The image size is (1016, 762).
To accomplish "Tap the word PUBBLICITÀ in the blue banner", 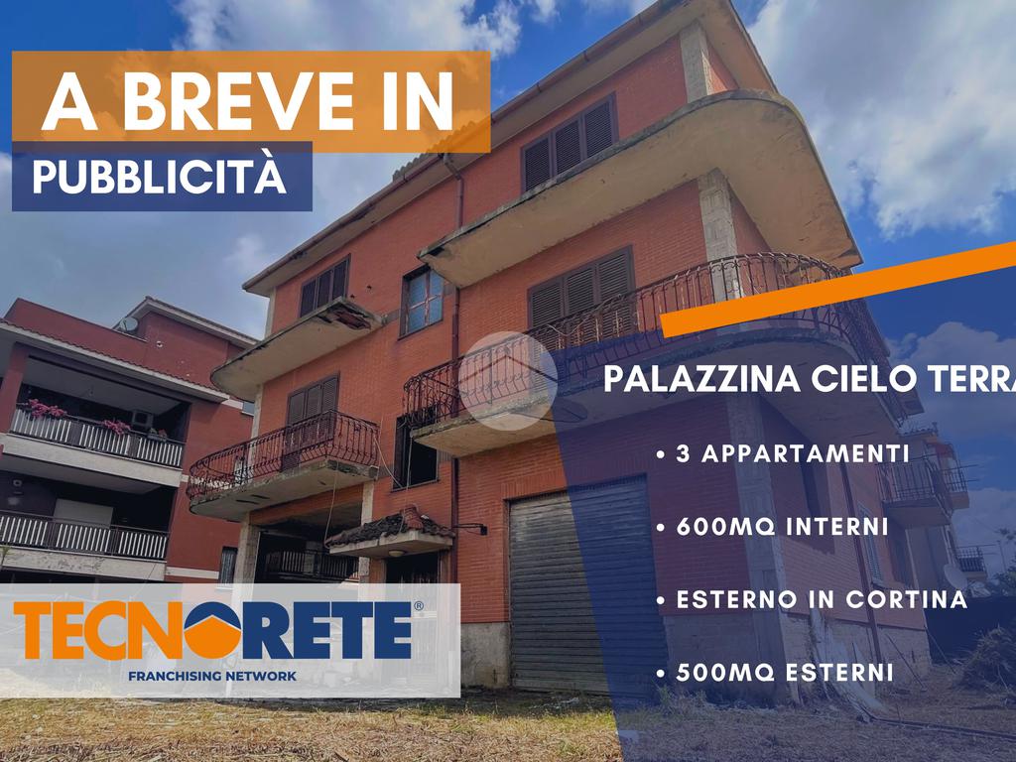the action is pyautogui.click(x=160, y=176).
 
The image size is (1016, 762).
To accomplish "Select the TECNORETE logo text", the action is pyautogui.click(x=212, y=630).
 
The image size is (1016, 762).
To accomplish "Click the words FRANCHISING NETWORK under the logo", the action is pyautogui.click(x=212, y=676).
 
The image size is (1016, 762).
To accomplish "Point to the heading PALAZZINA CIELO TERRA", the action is pyautogui.click(x=810, y=378).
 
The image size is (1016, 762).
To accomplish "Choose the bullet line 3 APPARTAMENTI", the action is pyautogui.click(x=783, y=453).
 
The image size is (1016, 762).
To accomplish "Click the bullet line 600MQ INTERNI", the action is pyautogui.click(x=772, y=526).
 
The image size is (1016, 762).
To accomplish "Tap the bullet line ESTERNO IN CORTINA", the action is pyautogui.click(x=812, y=599).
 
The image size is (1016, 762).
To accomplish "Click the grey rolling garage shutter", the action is pyautogui.click(x=578, y=586).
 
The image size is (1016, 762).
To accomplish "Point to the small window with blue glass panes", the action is pyautogui.click(x=423, y=302).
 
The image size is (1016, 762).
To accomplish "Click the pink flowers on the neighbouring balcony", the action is pyautogui.click(x=47, y=410).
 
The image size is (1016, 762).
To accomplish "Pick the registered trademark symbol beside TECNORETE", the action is pyautogui.click(x=418, y=606).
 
